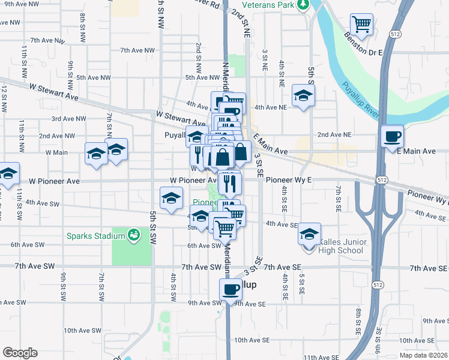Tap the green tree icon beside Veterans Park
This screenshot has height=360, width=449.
(304, 5)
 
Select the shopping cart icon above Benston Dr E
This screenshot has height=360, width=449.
(362, 24)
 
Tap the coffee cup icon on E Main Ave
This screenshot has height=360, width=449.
(393, 136)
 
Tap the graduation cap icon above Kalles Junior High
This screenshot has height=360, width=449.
(309, 233)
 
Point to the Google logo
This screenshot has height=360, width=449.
(20, 353)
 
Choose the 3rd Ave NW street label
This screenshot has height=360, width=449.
(68, 119)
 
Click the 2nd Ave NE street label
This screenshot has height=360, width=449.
(334, 135)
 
